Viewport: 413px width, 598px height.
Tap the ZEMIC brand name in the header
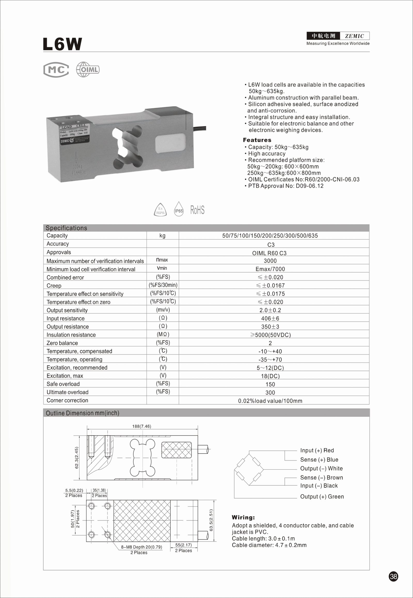pyautogui.click(x=354, y=36)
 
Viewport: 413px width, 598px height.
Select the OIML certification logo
pyautogui.click(x=88, y=70)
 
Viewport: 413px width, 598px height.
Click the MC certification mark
pyautogui.click(x=56, y=70)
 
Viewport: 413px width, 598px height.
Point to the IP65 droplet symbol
pyautogui.click(x=179, y=209)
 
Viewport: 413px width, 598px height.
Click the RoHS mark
pyautogui.click(x=197, y=210)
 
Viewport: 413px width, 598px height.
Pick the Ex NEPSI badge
pyautogui.click(x=160, y=210)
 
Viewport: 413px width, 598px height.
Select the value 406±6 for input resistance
pyautogui.click(x=270, y=318)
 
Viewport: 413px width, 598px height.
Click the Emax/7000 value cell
pyautogui.click(x=270, y=269)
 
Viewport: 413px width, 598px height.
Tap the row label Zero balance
pyautogui.click(x=62, y=343)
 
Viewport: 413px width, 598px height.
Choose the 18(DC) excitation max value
pyautogui.click(x=270, y=376)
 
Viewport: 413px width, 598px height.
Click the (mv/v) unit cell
pyautogui.click(x=163, y=310)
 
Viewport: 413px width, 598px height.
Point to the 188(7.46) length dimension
pyautogui.click(x=141, y=426)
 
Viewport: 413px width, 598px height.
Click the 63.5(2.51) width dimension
pyautogui.click(x=211, y=520)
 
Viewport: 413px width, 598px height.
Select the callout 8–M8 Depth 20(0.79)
pyautogui.click(x=141, y=547)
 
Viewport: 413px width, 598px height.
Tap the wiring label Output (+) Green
pyautogui.click(x=322, y=497)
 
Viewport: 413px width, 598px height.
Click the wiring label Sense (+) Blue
pyautogui.click(x=319, y=460)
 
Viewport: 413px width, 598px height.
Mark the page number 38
pyautogui.click(x=393, y=576)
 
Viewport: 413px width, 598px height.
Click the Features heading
pyautogui.click(x=257, y=140)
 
